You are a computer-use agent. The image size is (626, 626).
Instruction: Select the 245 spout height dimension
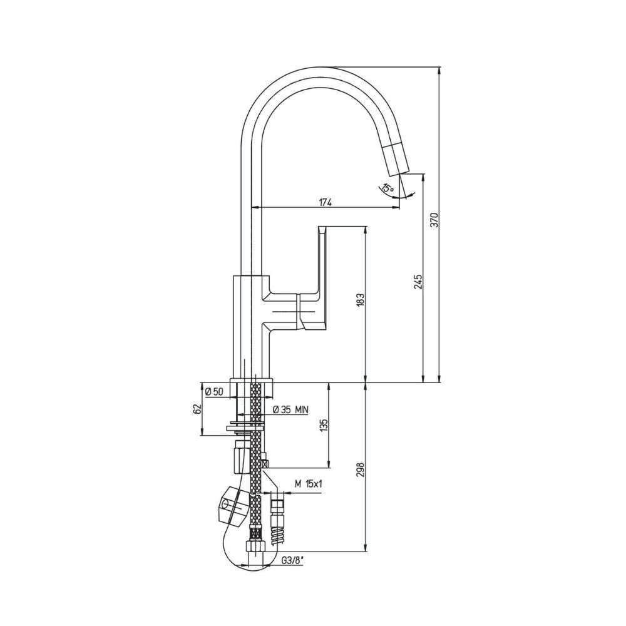[x=418, y=282]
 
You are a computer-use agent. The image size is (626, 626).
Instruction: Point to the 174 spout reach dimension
[x=326, y=202]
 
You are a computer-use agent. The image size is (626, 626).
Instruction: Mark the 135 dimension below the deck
[x=324, y=426]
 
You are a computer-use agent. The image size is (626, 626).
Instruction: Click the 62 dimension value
[x=195, y=409]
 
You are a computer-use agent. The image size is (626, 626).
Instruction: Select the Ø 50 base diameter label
[x=214, y=392]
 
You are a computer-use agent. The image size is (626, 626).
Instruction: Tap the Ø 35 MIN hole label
[x=290, y=409]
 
